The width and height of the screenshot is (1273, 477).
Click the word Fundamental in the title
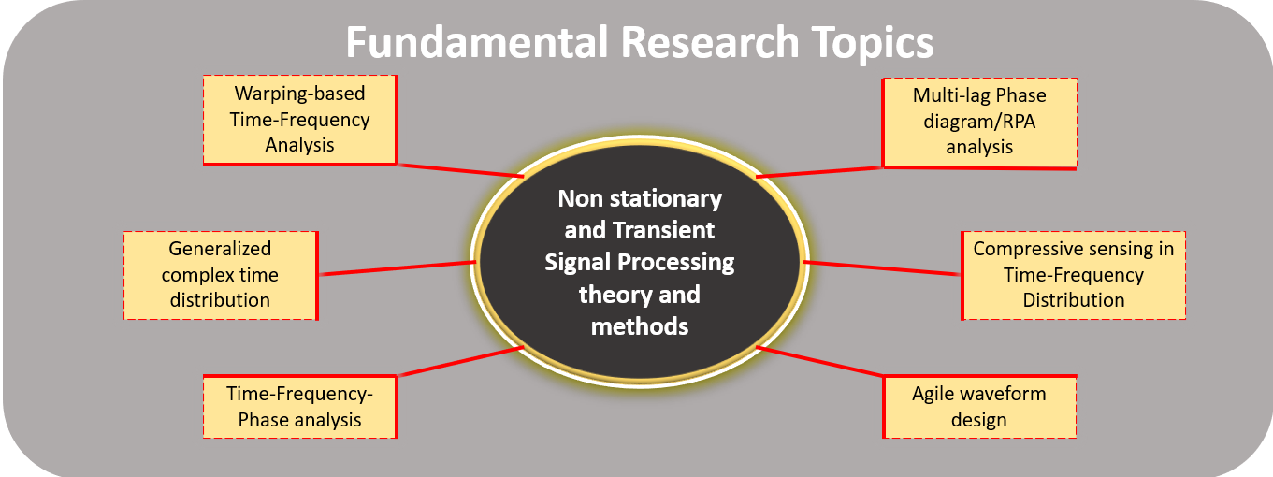tap(477, 41)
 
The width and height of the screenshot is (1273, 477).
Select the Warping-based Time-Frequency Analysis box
tap(300, 120)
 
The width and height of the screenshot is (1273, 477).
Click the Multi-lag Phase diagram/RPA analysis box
tap(979, 123)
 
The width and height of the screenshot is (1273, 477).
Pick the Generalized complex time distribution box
tap(221, 275)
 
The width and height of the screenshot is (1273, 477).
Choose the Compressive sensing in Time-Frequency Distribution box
tap(1073, 275)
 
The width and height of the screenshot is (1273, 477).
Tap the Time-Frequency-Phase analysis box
tap(300, 407)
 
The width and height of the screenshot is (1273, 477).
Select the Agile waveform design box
tap(979, 407)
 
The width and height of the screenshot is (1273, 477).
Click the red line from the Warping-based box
tap(460, 170)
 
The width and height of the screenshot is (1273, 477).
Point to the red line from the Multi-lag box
tap(819, 172)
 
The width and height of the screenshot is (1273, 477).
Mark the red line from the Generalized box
tap(398, 268)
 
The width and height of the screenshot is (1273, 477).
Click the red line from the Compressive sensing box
tap(881, 268)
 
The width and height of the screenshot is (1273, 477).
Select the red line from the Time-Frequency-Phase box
tap(460, 361)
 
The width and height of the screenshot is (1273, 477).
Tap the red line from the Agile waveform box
tap(819, 361)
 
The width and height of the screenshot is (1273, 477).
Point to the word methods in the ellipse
tap(640, 327)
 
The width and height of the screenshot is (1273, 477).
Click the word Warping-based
tap(299, 94)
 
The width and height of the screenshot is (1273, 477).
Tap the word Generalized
tap(220, 250)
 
